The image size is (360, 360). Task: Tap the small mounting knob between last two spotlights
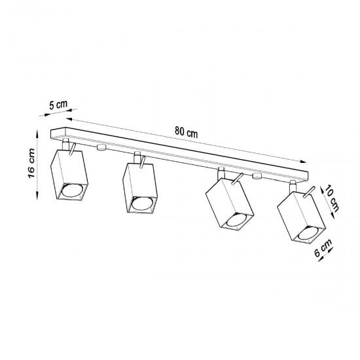coord(257,176)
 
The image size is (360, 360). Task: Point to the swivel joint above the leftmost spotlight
coord(66,144)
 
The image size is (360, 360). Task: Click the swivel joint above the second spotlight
coord(137,157)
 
